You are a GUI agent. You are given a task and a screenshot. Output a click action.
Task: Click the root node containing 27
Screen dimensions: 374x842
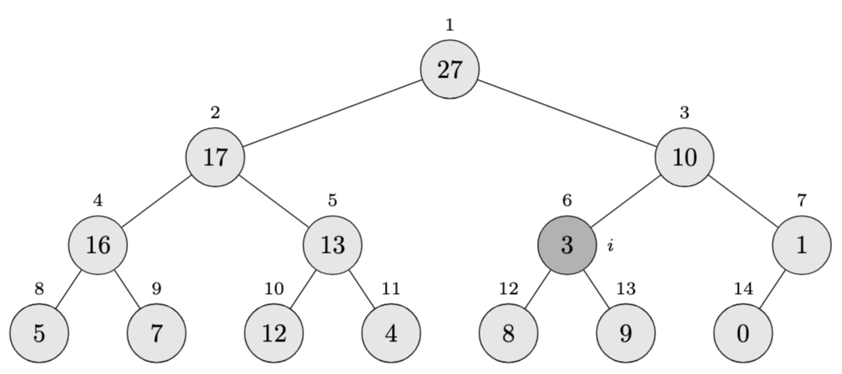(449, 70)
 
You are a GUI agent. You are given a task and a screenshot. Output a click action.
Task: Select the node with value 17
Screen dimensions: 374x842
(215, 158)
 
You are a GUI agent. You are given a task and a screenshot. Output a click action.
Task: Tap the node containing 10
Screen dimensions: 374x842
(684, 158)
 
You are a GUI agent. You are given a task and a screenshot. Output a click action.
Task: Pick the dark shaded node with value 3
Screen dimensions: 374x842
(567, 245)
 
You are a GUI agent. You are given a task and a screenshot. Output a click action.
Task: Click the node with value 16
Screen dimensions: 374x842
(98, 245)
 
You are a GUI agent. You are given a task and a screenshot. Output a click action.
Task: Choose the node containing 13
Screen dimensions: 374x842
(332, 245)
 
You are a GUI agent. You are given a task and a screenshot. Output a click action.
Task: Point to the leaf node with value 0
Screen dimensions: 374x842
(743, 334)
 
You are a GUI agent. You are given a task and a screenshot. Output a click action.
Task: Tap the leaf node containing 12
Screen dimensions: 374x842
(274, 334)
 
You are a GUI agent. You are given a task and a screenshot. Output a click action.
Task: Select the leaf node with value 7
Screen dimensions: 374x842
(157, 334)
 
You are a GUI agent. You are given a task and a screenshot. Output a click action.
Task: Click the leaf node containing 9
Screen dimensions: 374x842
(625, 334)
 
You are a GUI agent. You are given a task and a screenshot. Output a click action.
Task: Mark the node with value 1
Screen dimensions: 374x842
(802, 245)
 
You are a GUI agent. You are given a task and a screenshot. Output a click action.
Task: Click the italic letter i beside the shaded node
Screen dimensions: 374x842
(611, 246)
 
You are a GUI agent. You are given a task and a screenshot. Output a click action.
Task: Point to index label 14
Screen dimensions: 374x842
(743, 289)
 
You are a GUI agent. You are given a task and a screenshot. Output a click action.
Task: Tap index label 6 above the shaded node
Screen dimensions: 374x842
(567, 200)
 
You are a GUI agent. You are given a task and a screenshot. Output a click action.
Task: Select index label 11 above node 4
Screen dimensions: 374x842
(391, 289)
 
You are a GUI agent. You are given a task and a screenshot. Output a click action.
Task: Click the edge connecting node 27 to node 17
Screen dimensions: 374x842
(332, 113)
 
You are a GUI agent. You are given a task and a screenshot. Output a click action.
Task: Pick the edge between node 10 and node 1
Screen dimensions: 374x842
(743, 201)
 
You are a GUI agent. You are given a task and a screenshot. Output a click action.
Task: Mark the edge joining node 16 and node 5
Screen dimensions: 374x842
(68, 289)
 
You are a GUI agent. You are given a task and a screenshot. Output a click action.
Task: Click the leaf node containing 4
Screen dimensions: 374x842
(391, 334)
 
